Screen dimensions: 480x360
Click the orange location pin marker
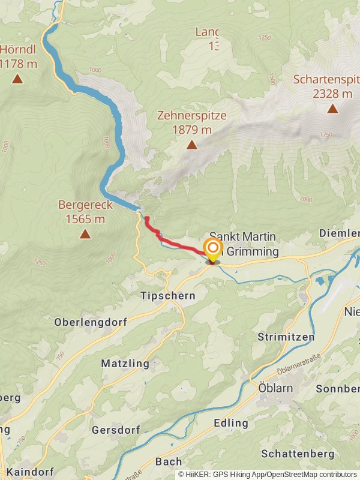coord(212,251)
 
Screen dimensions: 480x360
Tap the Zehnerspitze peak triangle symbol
coord(191,145)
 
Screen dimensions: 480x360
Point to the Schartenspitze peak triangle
coord(332,109)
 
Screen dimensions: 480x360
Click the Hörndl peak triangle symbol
coord(17,79)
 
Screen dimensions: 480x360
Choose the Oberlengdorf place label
coord(91,322)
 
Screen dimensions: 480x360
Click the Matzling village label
coord(125,363)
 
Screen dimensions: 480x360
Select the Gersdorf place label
coord(116,430)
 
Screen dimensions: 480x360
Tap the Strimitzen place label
coord(286,337)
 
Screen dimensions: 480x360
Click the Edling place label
coord(231,423)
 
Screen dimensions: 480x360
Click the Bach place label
coord(168,461)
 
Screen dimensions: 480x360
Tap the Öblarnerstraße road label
coord(298,364)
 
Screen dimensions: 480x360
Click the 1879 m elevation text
coord(191,129)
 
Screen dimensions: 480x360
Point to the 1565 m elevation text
coord(85,219)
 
